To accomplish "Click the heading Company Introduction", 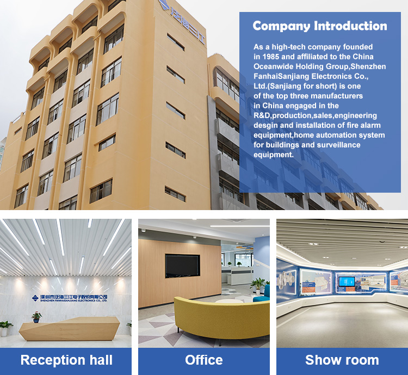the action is (320, 26).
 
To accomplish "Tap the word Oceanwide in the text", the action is (274, 66).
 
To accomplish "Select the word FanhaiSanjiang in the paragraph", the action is (281, 77).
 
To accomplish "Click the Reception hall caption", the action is (66, 360).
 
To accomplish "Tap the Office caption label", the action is (204, 360).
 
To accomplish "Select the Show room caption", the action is (342, 360).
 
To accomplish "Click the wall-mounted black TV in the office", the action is (182, 266).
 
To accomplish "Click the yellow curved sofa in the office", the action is (222, 319).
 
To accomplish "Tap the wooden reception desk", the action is (70, 329).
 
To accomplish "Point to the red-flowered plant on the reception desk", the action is (36, 317).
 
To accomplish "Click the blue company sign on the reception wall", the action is (70, 298).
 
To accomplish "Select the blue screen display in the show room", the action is (347, 281).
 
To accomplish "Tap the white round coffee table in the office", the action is (229, 302).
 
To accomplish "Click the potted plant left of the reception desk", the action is (5, 328).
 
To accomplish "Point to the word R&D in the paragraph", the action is (262, 115).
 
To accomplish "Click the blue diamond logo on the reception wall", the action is (35, 298).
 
